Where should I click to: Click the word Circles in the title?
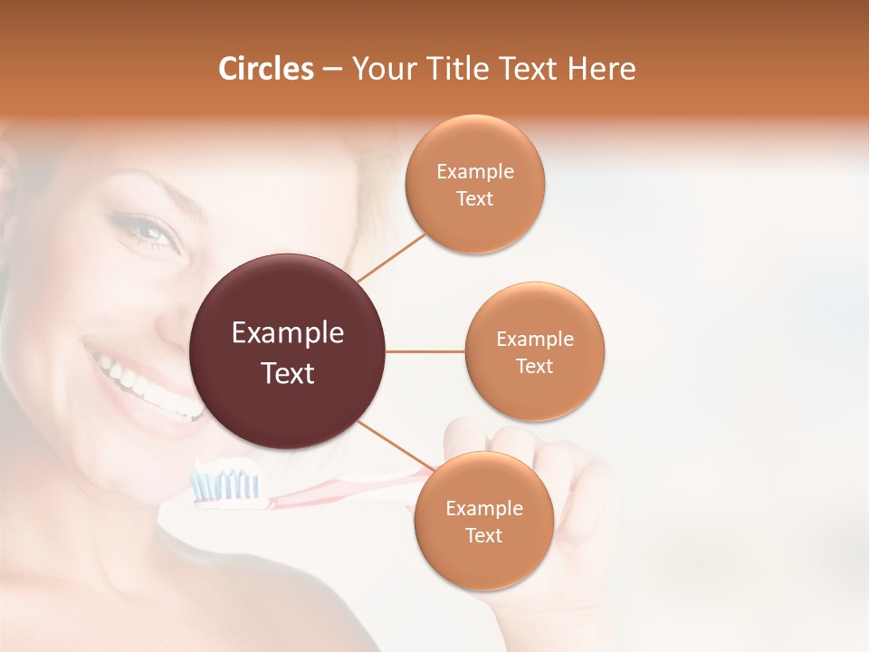pos(265,69)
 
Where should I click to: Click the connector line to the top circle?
pos(391,257)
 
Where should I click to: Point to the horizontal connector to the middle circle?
pos(425,351)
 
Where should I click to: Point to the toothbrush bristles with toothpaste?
pos(224,484)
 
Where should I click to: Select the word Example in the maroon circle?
pos(288,333)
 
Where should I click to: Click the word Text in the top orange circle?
pos(474,198)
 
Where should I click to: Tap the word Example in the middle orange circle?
pos(535,340)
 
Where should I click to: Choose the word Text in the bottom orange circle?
pos(483,535)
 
